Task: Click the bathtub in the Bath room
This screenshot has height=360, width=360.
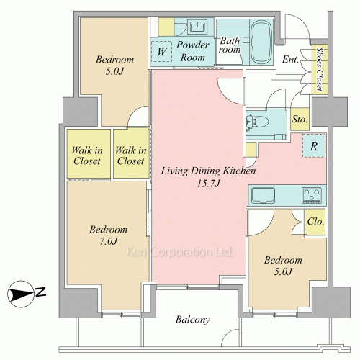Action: coord(261,42)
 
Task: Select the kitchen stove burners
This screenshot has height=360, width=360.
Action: coord(312,196)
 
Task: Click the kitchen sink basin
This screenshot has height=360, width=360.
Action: coord(263,195)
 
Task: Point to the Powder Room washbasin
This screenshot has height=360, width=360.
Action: coord(197,27)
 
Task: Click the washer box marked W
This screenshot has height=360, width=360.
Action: coord(161,51)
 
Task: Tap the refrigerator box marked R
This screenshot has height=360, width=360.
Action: coord(314,146)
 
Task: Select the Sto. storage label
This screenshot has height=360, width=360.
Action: coord(300,120)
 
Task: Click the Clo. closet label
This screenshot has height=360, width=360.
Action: coord(315,221)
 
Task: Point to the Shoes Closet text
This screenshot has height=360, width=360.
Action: coord(319,69)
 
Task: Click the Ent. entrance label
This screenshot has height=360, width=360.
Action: coord(290,59)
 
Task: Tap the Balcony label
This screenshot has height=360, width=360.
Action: coord(193,320)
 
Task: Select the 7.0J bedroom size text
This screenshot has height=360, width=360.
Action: coord(109,241)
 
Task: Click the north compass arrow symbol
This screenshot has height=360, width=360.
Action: coord(21,294)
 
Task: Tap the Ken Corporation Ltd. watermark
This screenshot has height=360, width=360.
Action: coord(179,252)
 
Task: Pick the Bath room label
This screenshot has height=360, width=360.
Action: coord(230,45)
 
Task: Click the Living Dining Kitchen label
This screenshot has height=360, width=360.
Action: coord(208,171)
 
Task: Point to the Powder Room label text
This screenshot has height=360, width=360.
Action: coord(193,51)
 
